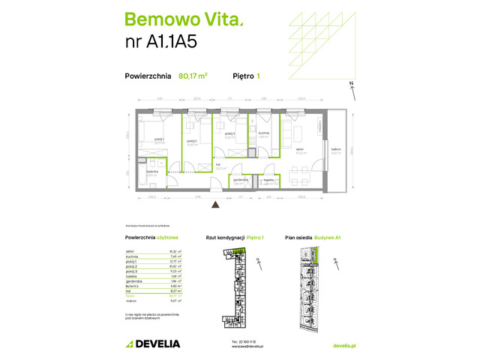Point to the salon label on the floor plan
coord(299,148)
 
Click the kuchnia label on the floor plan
coord(264,132)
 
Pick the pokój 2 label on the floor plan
coord(192,140)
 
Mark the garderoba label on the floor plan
coord(240,180)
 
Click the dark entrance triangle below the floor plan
coord(215,203)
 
